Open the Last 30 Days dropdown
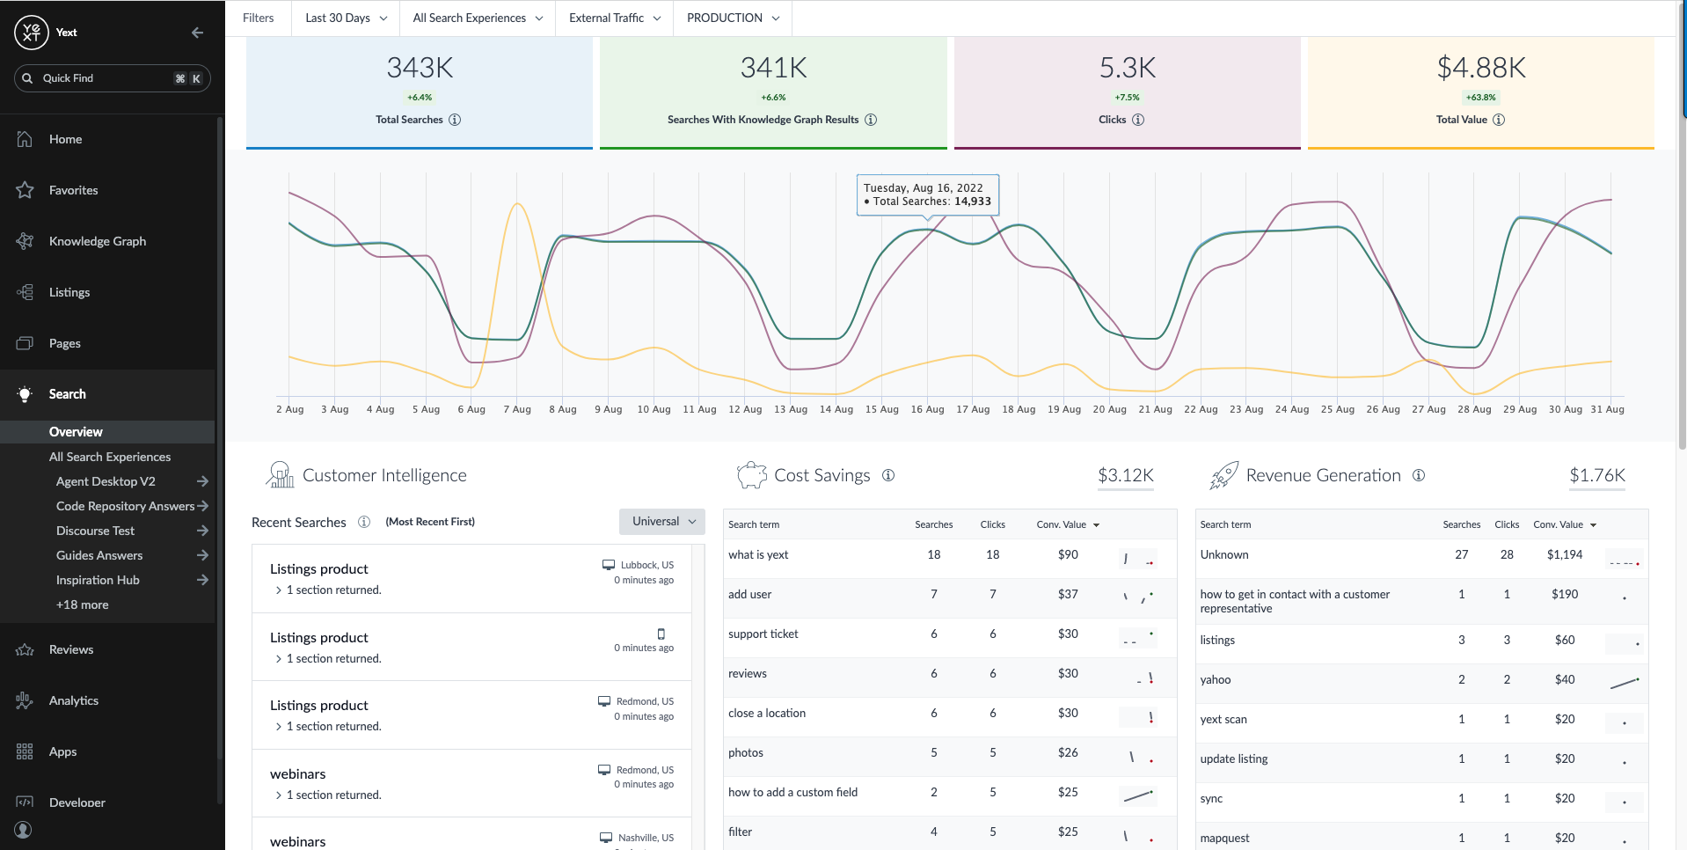[x=346, y=18]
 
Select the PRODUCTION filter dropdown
[x=733, y=18]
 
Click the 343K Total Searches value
[x=420, y=68]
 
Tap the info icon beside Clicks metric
[x=1138, y=120]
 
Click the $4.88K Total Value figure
[x=1481, y=68]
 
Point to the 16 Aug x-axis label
[x=927, y=409]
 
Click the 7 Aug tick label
[x=517, y=409]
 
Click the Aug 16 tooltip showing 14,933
[x=927, y=194]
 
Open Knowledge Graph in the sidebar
[x=98, y=241]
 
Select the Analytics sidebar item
[x=74, y=700]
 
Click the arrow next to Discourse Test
[x=203, y=531]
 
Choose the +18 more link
[x=83, y=605]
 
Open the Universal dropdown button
[x=662, y=521]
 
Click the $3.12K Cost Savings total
[x=1125, y=475]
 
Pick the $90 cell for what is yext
[x=1068, y=554]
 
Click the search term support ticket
[x=763, y=634]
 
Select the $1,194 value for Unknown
[x=1564, y=554]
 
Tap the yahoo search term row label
[x=1216, y=679]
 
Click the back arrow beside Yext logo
[x=197, y=33]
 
